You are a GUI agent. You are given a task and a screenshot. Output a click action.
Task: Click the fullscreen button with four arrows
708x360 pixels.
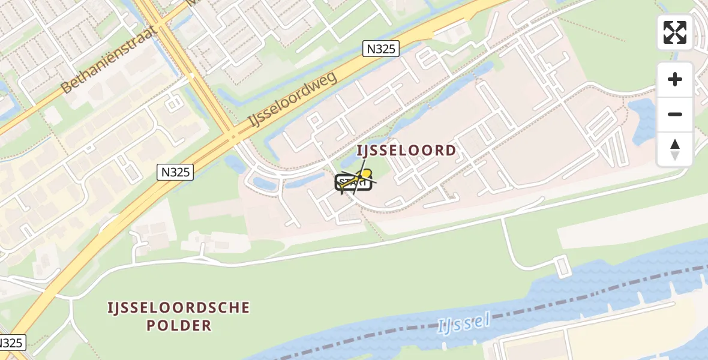click(x=675, y=32)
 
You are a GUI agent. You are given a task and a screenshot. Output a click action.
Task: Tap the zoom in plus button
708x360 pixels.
click(x=675, y=80)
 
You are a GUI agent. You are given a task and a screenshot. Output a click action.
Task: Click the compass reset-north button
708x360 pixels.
click(x=675, y=149)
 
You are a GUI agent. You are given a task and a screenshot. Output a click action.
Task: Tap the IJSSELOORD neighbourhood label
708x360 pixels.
click(x=407, y=151)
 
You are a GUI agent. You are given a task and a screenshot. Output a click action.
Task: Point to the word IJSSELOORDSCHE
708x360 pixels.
click(x=178, y=308)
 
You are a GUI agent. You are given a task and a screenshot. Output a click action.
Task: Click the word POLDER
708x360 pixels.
click(x=178, y=326)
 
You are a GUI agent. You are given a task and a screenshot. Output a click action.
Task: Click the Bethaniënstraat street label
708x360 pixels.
click(x=109, y=60)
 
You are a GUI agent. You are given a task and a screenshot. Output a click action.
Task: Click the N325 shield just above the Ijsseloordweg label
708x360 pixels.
click(x=381, y=49)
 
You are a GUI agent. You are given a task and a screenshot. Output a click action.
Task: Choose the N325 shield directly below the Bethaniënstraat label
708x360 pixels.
click(x=176, y=172)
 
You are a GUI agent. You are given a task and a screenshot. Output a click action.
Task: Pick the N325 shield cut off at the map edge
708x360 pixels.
click(x=11, y=343)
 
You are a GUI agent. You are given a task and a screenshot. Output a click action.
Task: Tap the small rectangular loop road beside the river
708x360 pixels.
click(x=562, y=266)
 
